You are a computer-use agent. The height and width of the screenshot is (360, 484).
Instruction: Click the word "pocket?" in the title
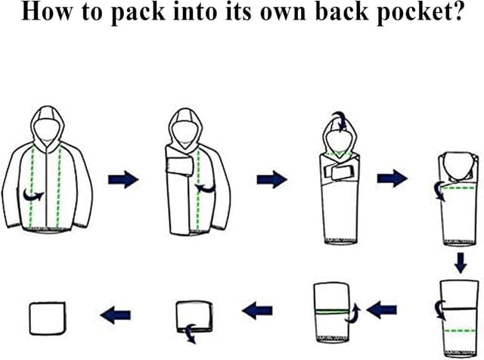(x=420, y=12)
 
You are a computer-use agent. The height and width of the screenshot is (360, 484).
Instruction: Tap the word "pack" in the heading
(x=138, y=12)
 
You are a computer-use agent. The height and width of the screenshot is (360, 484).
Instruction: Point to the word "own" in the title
(x=283, y=14)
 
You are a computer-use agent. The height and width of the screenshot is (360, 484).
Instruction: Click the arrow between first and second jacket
(x=123, y=179)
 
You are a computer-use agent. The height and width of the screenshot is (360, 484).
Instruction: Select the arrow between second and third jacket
(x=272, y=179)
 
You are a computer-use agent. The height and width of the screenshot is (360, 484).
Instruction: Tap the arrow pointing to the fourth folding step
(x=392, y=178)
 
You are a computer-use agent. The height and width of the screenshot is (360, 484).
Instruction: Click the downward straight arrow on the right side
(x=461, y=263)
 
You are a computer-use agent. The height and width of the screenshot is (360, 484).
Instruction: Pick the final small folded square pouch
(x=48, y=318)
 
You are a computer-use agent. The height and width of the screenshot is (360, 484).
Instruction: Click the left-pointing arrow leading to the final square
(x=116, y=315)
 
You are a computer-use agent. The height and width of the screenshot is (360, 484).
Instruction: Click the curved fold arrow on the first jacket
(x=33, y=195)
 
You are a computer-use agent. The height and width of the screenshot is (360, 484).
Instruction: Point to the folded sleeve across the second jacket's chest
(x=180, y=166)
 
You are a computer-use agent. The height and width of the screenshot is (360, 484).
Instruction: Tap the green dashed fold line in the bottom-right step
(x=460, y=331)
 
